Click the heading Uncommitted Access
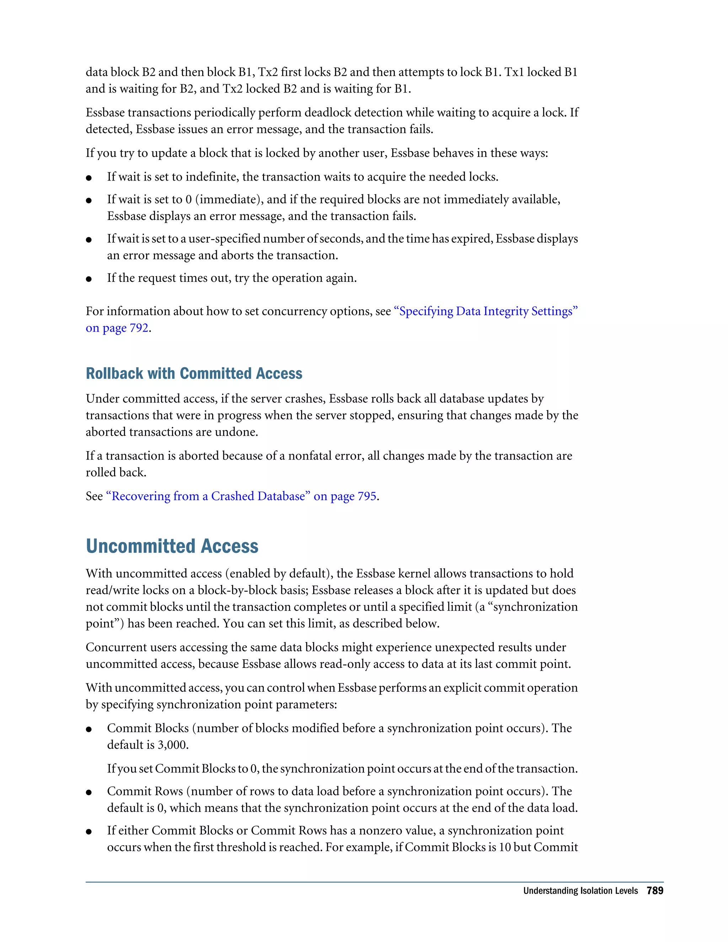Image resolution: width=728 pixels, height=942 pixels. click(172, 546)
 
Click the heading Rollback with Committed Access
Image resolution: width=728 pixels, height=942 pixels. click(194, 374)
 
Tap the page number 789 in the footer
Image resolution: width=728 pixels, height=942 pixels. click(655, 891)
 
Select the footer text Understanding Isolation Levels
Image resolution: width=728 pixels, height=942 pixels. click(580, 891)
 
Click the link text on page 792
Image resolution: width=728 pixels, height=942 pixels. click(117, 328)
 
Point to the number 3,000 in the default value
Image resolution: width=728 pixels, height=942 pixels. click(172, 744)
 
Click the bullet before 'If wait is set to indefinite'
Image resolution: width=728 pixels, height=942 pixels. click(89, 178)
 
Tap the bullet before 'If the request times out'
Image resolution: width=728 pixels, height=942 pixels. click(89, 279)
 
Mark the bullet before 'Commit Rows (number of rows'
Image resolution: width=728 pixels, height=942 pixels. click(89, 792)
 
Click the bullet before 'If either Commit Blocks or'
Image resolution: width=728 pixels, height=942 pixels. click(89, 831)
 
